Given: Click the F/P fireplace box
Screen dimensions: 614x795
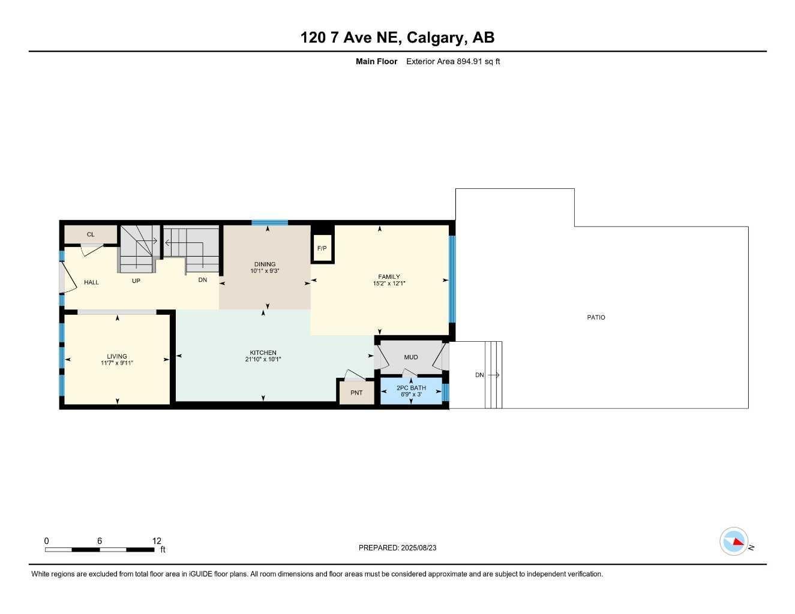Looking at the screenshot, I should point(322,248).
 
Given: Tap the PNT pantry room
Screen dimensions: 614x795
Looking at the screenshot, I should point(356,393).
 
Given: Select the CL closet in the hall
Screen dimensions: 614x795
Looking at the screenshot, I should point(91,234).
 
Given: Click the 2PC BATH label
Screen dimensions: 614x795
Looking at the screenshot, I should point(411,388).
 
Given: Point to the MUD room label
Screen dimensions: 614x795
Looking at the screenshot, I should point(411,357).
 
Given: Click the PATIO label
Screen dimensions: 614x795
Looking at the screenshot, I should point(596,317).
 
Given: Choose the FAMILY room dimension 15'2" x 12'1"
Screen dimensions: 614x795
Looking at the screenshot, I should point(389,284).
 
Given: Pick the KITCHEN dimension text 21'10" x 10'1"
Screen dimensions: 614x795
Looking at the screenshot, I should point(263,360).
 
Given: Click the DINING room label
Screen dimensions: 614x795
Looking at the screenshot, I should point(265,264).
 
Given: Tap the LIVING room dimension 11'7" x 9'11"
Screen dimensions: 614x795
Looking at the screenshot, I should point(117,363).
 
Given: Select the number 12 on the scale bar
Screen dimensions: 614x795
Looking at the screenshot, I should point(157,541).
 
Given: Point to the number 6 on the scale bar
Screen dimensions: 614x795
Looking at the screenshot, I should point(100,541).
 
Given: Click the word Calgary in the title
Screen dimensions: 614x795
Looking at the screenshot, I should point(436,38).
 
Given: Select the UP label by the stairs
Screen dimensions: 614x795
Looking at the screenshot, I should point(136,281).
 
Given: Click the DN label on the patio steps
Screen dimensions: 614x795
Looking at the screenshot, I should point(479,375).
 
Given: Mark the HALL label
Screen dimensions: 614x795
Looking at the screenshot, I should point(91,282).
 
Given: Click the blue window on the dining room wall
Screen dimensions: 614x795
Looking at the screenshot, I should point(269,222).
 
